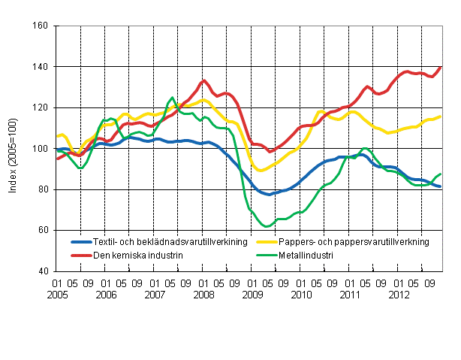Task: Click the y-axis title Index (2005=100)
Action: [x=13, y=149]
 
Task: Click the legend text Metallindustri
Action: [x=303, y=256]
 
